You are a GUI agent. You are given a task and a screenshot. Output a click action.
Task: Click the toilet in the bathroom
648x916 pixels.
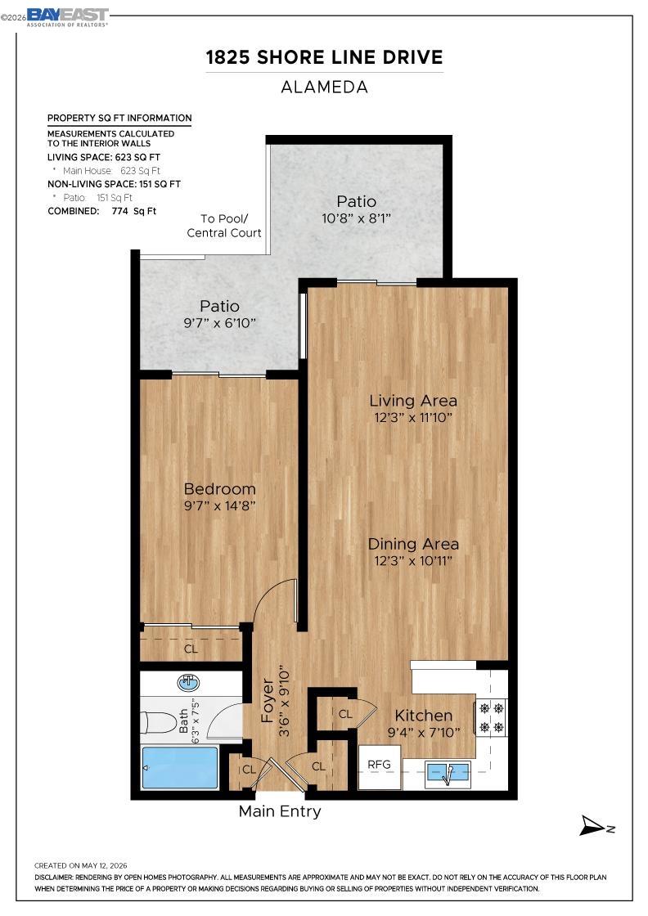click(159, 722)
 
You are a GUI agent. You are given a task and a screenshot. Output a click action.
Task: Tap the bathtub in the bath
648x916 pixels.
click(179, 768)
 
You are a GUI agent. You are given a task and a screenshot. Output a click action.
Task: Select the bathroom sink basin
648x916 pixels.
click(188, 682)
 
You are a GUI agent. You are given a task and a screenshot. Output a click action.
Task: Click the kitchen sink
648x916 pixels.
click(448, 774)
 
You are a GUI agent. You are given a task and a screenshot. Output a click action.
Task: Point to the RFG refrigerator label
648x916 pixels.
click(379, 764)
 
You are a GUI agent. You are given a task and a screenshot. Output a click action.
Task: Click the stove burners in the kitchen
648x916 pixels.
click(492, 718)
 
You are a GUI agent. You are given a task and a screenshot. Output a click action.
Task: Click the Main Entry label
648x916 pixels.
click(280, 811)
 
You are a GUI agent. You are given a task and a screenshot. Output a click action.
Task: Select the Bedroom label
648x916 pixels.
click(220, 489)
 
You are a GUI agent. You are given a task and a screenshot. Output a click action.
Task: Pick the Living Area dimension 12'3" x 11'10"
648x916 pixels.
click(413, 418)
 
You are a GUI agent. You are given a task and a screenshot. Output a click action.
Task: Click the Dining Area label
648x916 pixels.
click(413, 544)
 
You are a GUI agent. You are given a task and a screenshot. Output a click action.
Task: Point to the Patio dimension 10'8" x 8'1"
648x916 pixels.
click(356, 218)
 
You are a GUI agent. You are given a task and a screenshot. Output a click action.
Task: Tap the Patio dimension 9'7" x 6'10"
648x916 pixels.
click(220, 323)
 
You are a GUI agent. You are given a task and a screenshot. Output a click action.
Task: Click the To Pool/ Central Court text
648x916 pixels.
click(224, 226)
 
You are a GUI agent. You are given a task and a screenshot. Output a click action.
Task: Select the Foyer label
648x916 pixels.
click(268, 700)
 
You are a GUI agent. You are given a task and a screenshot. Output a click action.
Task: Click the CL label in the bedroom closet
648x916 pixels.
click(191, 649)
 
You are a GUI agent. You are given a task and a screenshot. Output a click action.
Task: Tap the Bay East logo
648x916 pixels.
click(67, 17)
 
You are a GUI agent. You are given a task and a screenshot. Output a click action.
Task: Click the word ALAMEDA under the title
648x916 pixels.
click(324, 87)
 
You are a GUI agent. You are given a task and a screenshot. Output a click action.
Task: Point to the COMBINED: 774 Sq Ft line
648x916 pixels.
click(102, 212)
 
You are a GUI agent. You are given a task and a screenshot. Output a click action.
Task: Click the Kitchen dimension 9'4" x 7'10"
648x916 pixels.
click(424, 733)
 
